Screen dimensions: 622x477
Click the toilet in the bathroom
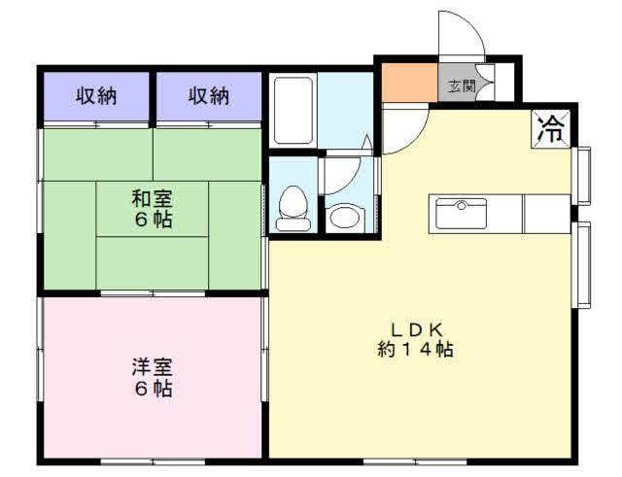(x=294, y=208)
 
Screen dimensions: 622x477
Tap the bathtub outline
(x=294, y=110)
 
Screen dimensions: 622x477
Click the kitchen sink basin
(x=461, y=214)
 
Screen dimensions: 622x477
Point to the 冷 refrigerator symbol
(x=551, y=129)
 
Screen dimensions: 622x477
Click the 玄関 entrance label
(x=462, y=86)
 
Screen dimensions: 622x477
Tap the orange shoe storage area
(x=410, y=82)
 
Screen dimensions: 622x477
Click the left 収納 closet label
(x=96, y=96)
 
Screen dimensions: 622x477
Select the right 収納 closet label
(x=209, y=96)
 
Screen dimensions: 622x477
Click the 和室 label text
(x=153, y=199)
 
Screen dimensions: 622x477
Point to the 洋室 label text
(x=153, y=367)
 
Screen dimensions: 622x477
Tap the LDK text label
(x=417, y=329)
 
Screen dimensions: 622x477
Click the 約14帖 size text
(x=416, y=350)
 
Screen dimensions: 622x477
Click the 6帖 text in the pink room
(x=154, y=389)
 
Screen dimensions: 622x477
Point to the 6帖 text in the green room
(x=154, y=220)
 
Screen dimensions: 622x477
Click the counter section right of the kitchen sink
(x=547, y=214)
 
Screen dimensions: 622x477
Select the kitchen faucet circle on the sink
(x=462, y=205)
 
